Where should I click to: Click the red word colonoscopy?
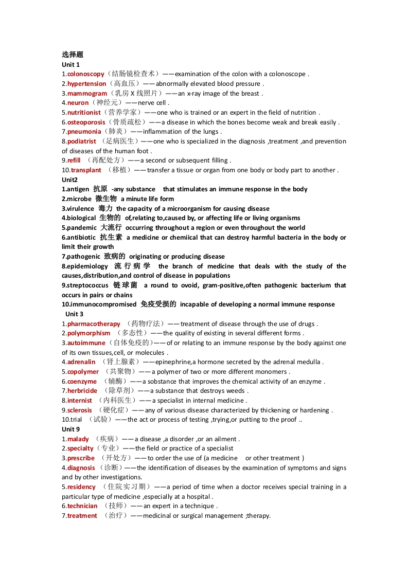(86, 74)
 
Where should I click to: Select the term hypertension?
(87, 84)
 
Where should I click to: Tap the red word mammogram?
(87, 94)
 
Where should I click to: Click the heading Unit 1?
(70, 64)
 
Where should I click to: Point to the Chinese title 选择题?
(73, 55)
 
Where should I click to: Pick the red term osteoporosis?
(86, 122)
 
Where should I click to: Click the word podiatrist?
(82, 141)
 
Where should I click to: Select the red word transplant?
(86, 170)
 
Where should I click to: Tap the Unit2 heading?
(69, 180)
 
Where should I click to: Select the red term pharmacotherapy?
(94, 324)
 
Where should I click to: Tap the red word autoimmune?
(86, 343)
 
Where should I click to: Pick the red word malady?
(78, 439)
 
